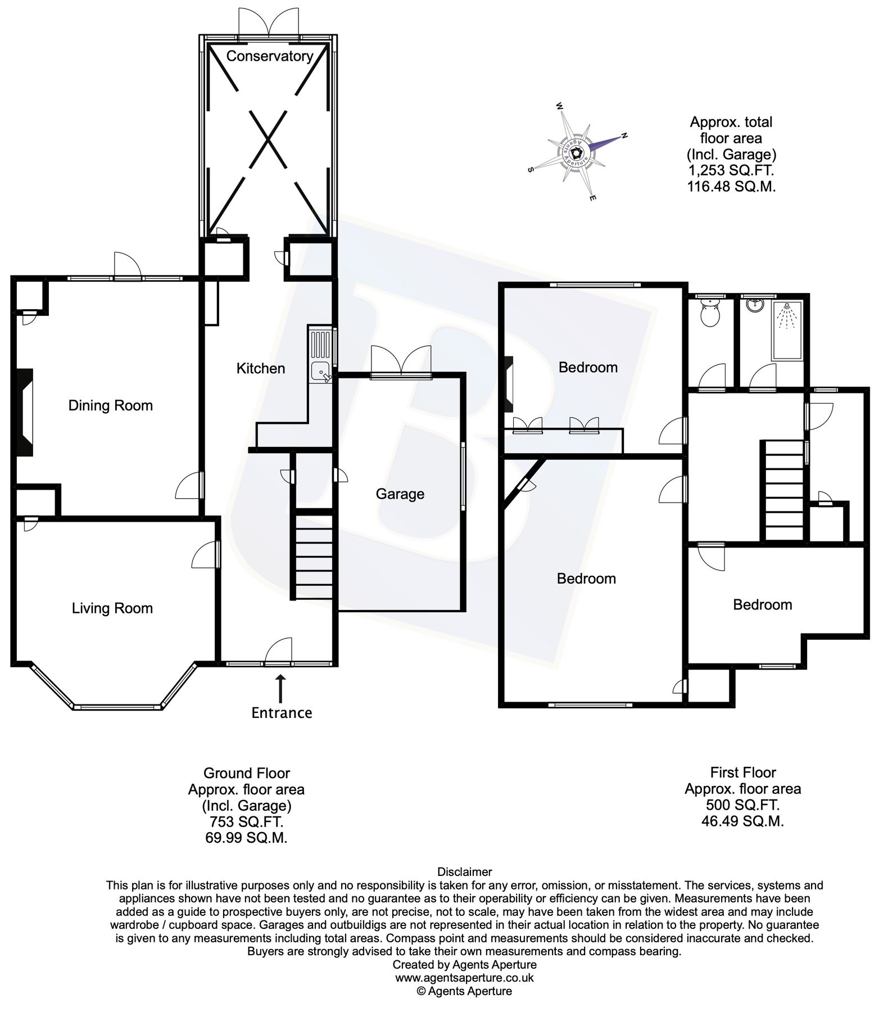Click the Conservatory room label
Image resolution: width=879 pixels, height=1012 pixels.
270,56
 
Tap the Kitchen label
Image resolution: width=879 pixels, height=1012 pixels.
261,368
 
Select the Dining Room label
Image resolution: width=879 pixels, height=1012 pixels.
111,405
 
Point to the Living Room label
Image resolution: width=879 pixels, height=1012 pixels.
112,608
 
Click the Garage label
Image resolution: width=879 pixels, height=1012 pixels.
400,494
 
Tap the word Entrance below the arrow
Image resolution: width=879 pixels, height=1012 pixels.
282,713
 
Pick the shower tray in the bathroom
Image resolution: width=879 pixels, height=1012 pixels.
788,329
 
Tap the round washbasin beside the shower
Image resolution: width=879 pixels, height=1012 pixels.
755,305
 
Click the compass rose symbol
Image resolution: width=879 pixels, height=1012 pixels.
576,152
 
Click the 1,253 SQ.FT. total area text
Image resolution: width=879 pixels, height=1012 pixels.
731,170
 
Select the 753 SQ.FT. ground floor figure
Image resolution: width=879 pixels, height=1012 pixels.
246,822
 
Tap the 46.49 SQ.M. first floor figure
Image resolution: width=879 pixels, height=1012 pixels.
742,821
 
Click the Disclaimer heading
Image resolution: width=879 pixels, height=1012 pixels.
465,872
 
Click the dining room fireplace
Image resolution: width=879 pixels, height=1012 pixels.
25,413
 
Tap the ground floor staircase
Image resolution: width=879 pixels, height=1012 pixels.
312,554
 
